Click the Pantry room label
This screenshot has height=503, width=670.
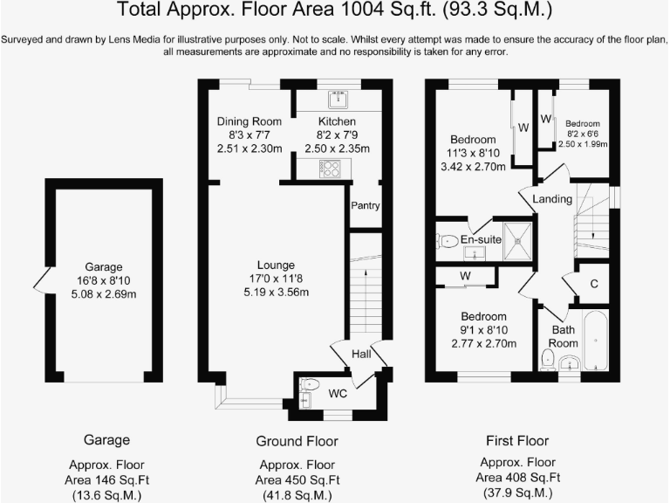(x=364, y=206)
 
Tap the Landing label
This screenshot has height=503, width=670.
(x=551, y=200)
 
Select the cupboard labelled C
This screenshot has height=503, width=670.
(x=593, y=284)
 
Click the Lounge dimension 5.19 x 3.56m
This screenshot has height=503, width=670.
(x=276, y=293)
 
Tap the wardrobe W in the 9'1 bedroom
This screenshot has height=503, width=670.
(x=466, y=278)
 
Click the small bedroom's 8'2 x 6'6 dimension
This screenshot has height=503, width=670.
(x=582, y=134)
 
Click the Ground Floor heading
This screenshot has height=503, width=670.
(x=297, y=440)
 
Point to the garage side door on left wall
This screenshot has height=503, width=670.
(x=38, y=281)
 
